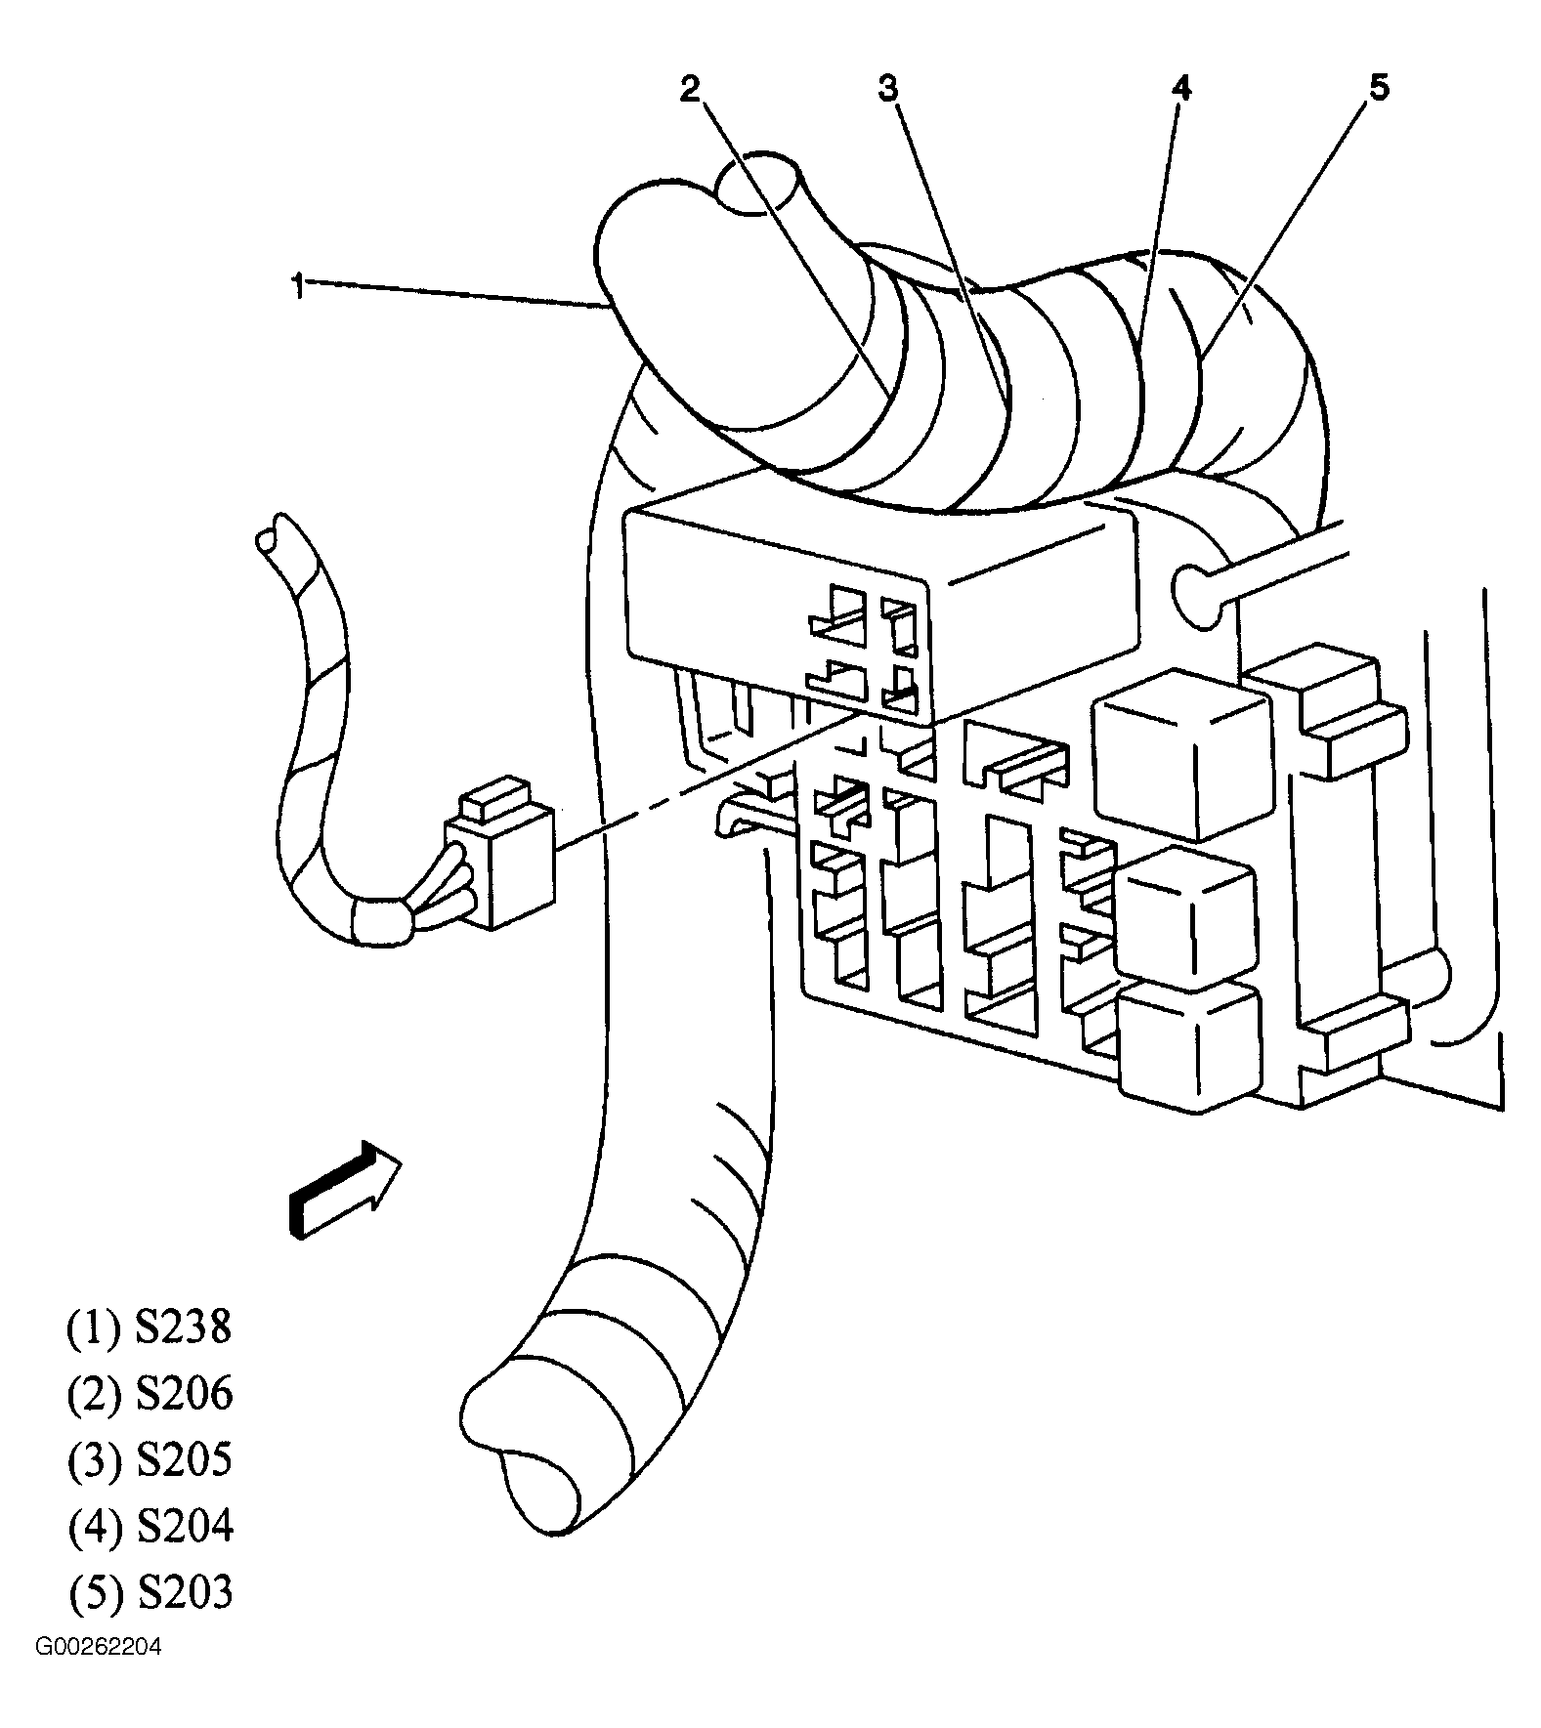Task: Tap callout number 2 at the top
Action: pos(691,89)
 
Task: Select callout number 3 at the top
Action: pos(887,89)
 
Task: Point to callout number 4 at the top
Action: pos(1181,89)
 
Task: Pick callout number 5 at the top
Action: pos(1379,88)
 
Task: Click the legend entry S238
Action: pos(150,1328)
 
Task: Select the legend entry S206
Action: pos(150,1394)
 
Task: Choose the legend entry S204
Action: pos(150,1526)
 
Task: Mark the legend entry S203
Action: pos(150,1592)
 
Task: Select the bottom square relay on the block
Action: pos(1187,1046)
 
